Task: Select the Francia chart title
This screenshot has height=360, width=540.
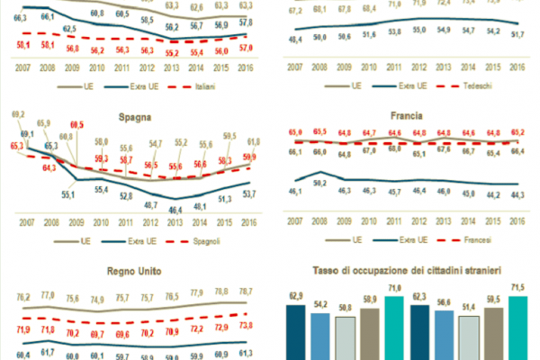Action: click(x=406, y=116)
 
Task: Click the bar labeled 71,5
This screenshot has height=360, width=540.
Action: click(x=518, y=328)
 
